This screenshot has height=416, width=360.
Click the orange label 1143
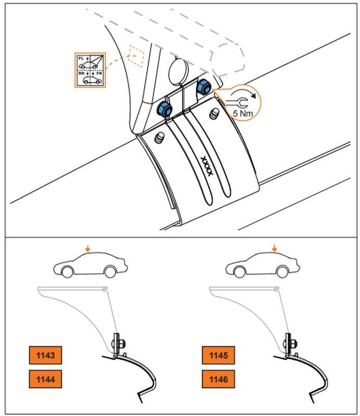click(x=45, y=356)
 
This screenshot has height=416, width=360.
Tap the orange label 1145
click(x=218, y=356)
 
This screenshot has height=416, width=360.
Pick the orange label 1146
click(x=218, y=380)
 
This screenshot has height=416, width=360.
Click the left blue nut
click(x=164, y=109)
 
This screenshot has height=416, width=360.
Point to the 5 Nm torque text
click(x=243, y=112)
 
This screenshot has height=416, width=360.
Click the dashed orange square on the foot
click(x=136, y=57)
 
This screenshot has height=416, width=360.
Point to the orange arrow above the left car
click(x=88, y=249)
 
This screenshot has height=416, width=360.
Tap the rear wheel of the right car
click(x=282, y=271)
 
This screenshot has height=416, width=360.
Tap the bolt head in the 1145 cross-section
click(x=292, y=344)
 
